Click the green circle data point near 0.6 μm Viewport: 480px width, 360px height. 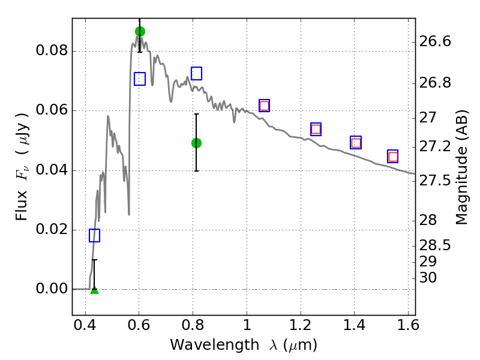pyautogui.click(x=140, y=32)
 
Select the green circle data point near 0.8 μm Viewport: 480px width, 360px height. pyautogui.click(x=197, y=143)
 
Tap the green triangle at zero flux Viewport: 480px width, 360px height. pyautogui.click(x=95, y=290)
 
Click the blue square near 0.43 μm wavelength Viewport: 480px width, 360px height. pyautogui.click(x=95, y=235)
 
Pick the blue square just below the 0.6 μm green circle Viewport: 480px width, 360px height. pyautogui.click(x=140, y=79)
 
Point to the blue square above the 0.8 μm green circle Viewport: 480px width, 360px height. pyautogui.click(x=197, y=73)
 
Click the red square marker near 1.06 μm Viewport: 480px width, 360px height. pyautogui.click(x=264, y=106)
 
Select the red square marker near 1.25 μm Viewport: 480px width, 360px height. pyautogui.click(x=316, y=129)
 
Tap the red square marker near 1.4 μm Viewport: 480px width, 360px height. pyautogui.click(x=356, y=143)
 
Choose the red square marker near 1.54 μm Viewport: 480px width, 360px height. pyautogui.click(x=393, y=157)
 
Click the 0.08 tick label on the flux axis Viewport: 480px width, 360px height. pyautogui.click(x=52, y=50)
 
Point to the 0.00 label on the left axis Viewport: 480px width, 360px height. pyautogui.click(x=52, y=289)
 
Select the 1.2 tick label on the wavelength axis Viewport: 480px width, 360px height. pyautogui.click(x=301, y=325)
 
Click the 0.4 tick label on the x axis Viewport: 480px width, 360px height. pyautogui.click(x=85, y=325)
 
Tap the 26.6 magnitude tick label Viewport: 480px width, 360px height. pyautogui.click(x=435, y=41)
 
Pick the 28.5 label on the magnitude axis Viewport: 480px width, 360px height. pyautogui.click(x=435, y=245)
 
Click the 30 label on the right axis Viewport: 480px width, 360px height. pyautogui.click(x=428, y=278)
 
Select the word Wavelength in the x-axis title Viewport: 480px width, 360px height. pyautogui.click(x=215, y=345)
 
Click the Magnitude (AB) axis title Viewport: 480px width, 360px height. pyautogui.click(x=461, y=167)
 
